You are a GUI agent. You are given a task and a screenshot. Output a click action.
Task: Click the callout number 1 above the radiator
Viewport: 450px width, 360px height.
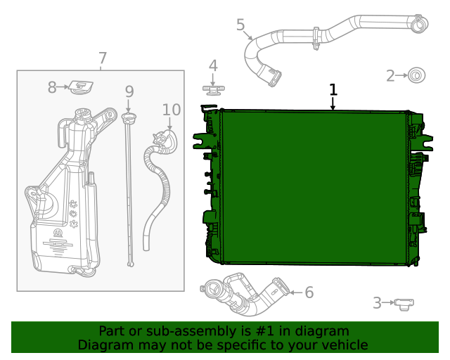[333, 89]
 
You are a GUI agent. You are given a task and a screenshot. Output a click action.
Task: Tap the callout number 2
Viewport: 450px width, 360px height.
[391, 75]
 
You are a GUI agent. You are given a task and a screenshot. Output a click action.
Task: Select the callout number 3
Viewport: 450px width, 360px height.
[378, 303]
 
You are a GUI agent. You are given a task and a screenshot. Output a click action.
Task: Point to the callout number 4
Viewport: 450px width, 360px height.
[212, 66]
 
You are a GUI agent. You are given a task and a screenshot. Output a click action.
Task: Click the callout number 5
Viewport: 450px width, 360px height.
[240, 25]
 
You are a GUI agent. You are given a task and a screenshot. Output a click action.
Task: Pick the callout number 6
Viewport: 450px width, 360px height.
[309, 292]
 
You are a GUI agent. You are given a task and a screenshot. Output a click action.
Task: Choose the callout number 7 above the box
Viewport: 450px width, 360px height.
[103, 58]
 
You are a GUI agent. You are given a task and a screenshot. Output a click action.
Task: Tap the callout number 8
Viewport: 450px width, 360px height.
[52, 88]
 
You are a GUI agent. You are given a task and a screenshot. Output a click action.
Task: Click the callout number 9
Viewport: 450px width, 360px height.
[129, 91]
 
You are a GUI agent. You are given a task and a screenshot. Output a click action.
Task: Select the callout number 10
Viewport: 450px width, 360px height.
[172, 110]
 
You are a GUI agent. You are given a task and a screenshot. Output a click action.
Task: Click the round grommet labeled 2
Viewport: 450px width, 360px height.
[417, 75]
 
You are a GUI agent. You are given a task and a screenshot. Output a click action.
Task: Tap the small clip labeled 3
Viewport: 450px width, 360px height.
[404, 304]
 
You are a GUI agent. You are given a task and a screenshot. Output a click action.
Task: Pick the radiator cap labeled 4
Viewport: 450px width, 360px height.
[212, 89]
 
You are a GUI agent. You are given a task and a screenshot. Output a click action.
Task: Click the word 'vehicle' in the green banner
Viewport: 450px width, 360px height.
[342, 345]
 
